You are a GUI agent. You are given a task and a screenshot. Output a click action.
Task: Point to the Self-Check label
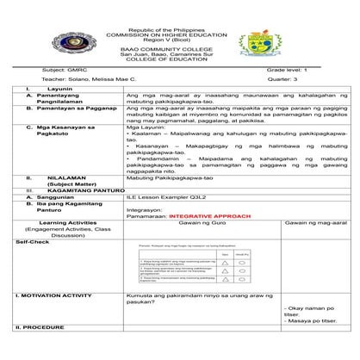click(29, 243)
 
